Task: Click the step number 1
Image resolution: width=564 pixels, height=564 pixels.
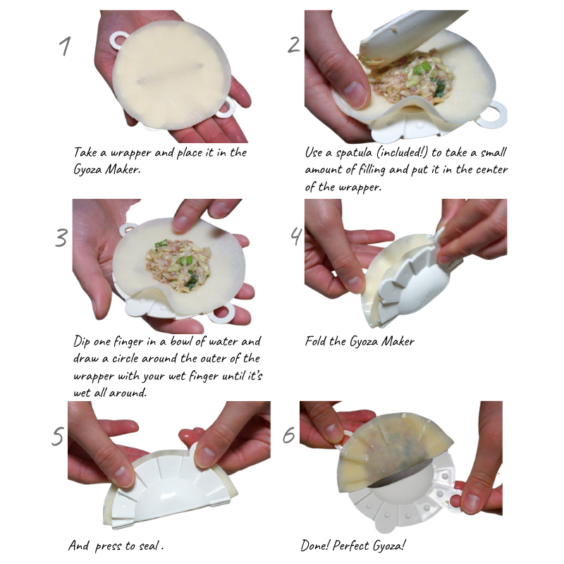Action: (66, 46)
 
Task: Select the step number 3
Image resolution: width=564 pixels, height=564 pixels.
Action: (61, 238)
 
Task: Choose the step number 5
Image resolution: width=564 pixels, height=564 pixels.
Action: (58, 436)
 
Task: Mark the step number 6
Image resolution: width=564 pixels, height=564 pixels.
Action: (289, 435)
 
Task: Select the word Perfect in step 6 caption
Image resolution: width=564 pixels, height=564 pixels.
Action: (360, 546)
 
